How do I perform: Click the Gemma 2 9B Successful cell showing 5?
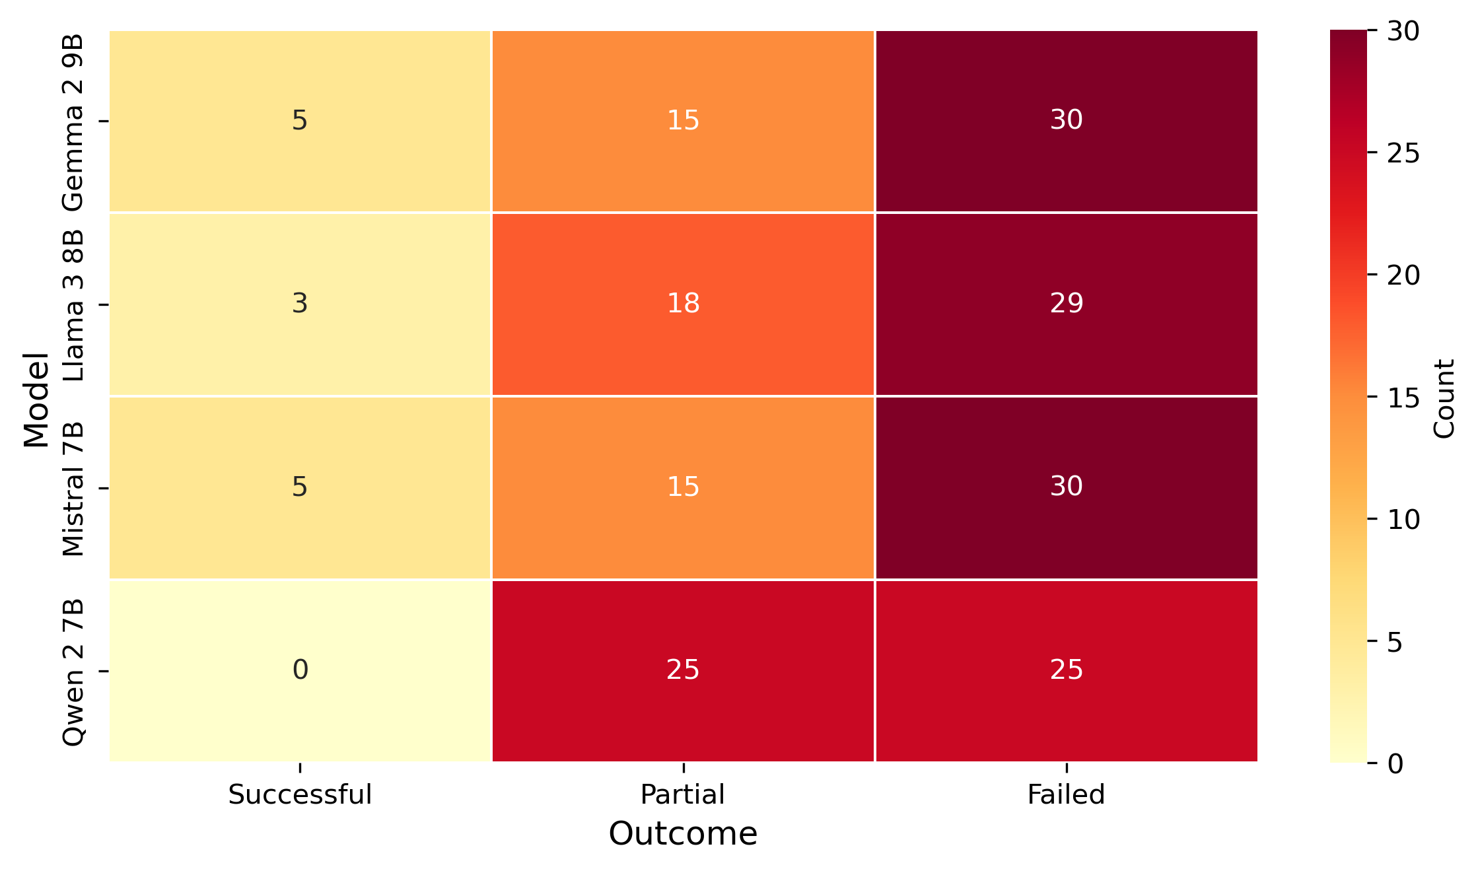pyautogui.click(x=300, y=121)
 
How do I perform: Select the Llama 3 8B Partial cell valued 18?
pyautogui.click(x=683, y=304)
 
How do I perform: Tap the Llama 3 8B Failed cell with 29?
pyautogui.click(x=1066, y=304)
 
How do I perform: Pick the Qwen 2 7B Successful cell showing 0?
pyautogui.click(x=300, y=670)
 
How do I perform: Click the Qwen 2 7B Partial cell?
pyautogui.click(x=683, y=670)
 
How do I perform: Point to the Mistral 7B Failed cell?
pyautogui.click(x=1066, y=487)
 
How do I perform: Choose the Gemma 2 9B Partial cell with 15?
pyautogui.click(x=683, y=121)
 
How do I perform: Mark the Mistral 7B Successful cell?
pyautogui.click(x=300, y=487)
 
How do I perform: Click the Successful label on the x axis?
pyautogui.click(x=300, y=794)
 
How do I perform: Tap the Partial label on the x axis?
pyautogui.click(x=683, y=794)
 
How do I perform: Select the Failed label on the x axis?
pyautogui.click(x=1066, y=794)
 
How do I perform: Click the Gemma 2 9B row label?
pyautogui.click(x=73, y=122)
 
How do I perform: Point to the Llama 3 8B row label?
pyautogui.click(x=73, y=305)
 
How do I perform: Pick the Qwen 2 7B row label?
pyautogui.click(x=73, y=672)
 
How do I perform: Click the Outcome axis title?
pyautogui.click(x=683, y=834)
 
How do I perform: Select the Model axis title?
pyautogui.click(x=36, y=400)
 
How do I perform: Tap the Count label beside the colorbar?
pyautogui.click(x=1444, y=399)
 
